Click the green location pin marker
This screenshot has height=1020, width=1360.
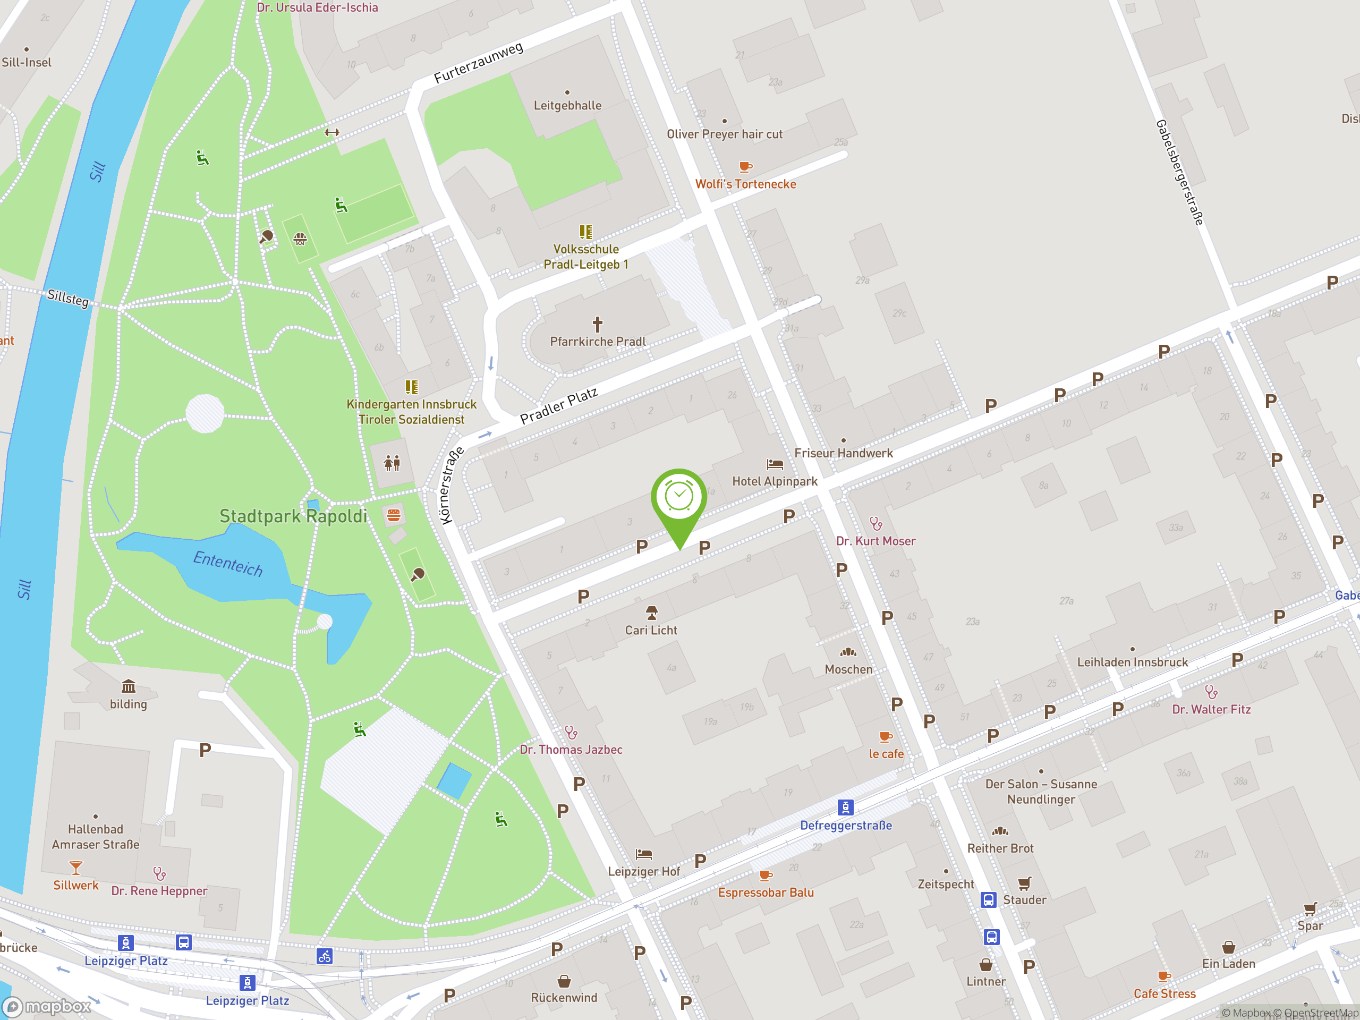click(x=679, y=501)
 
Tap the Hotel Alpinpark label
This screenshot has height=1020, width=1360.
click(x=774, y=481)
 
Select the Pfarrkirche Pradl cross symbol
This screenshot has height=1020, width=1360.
click(x=597, y=324)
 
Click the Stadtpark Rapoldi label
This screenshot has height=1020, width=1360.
click(x=293, y=516)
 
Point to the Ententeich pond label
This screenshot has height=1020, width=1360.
click(x=228, y=563)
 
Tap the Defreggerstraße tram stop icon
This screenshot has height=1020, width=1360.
click(x=845, y=806)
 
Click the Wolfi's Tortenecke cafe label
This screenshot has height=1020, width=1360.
click(x=745, y=184)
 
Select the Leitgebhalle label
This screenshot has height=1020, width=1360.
click(x=567, y=106)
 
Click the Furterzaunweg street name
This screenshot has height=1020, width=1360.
click(x=478, y=63)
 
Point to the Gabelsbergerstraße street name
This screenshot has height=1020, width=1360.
click(x=1179, y=173)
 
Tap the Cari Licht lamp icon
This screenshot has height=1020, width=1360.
click(x=651, y=613)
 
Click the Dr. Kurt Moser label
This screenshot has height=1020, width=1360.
click(x=875, y=541)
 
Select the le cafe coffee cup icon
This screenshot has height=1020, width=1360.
click(x=886, y=736)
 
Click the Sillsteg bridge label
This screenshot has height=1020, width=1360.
click(x=68, y=298)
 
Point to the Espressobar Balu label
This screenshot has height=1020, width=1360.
click(x=766, y=892)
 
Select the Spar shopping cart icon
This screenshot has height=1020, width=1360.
click(x=1310, y=909)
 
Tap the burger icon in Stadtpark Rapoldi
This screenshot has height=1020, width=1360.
click(x=394, y=515)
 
